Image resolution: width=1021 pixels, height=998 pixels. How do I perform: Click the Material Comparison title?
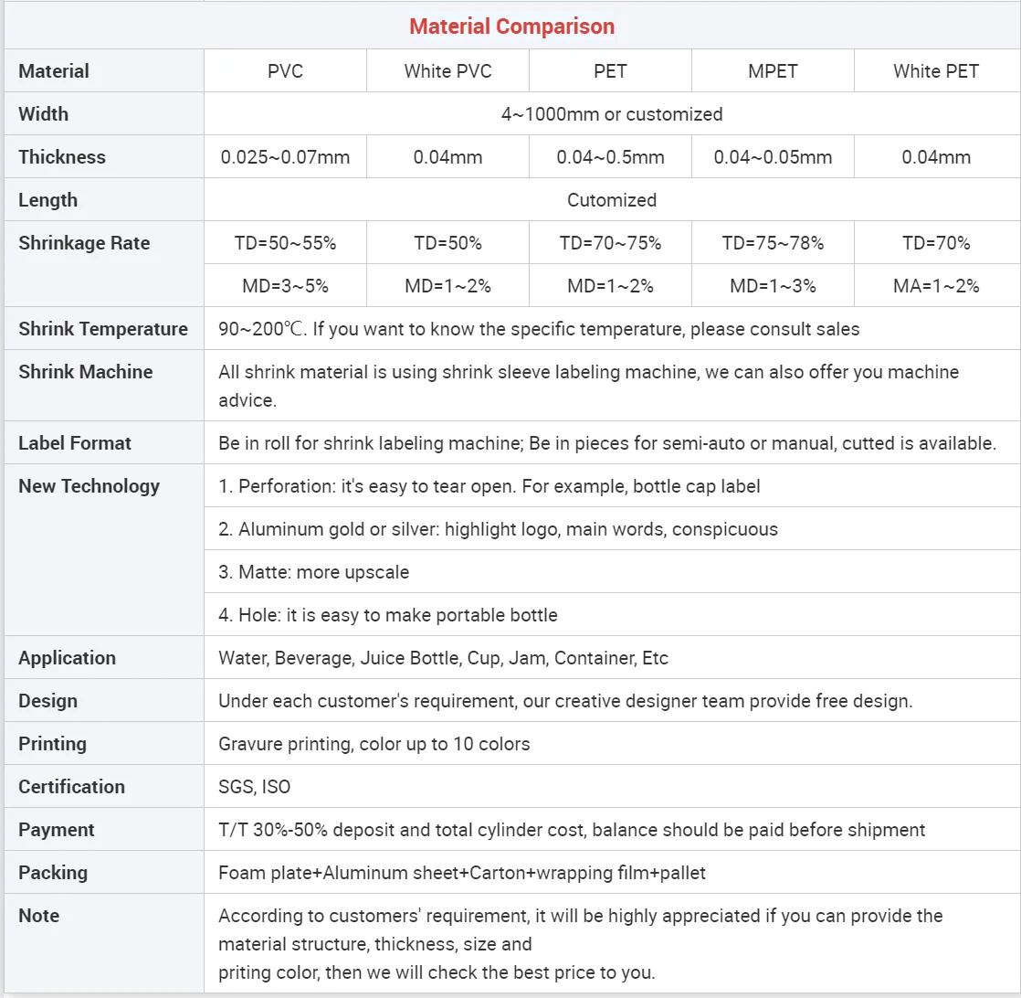click(x=511, y=27)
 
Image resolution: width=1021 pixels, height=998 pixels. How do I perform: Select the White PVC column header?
click(x=447, y=71)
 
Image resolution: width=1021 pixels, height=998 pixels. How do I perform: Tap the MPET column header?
click(x=773, y=71)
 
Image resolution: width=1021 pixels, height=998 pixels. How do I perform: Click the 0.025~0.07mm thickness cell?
click(x=285, y=157)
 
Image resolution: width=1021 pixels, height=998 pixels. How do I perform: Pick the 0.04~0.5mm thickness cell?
click(x=610, y=157)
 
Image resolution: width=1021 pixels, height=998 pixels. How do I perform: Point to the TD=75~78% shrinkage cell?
click(x=773, y=243)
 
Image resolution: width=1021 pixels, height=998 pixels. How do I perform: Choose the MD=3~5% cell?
click(x=285, y=286)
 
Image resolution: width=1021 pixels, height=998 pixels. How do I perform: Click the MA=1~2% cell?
click(x=936, y=286)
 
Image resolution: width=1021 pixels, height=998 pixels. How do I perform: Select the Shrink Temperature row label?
click(x=103, y=329)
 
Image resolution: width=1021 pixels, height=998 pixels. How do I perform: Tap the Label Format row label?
click(x=75, y=443)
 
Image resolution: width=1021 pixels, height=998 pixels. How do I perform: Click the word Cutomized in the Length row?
click(x=611, y=200)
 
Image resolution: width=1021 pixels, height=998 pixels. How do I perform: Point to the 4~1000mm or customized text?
click(x=611, y=114)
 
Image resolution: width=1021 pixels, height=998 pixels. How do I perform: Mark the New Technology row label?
click(x=89, y=486)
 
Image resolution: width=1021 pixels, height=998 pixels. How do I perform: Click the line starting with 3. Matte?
click(x=313, y=572)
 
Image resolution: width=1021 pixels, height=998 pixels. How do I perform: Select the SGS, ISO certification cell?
click(x=254, y=787)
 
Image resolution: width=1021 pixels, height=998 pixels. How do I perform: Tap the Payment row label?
click(x=57, y=830)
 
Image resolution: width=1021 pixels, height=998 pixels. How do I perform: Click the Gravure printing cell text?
click(x=374, y=744)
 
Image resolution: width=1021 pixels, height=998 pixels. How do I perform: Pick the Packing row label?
click(x=53, y=873)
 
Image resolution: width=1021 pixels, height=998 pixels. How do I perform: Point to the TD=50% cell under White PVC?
click(x=447, y=243)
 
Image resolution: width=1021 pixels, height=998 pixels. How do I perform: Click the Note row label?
click(x=38, y=916)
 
